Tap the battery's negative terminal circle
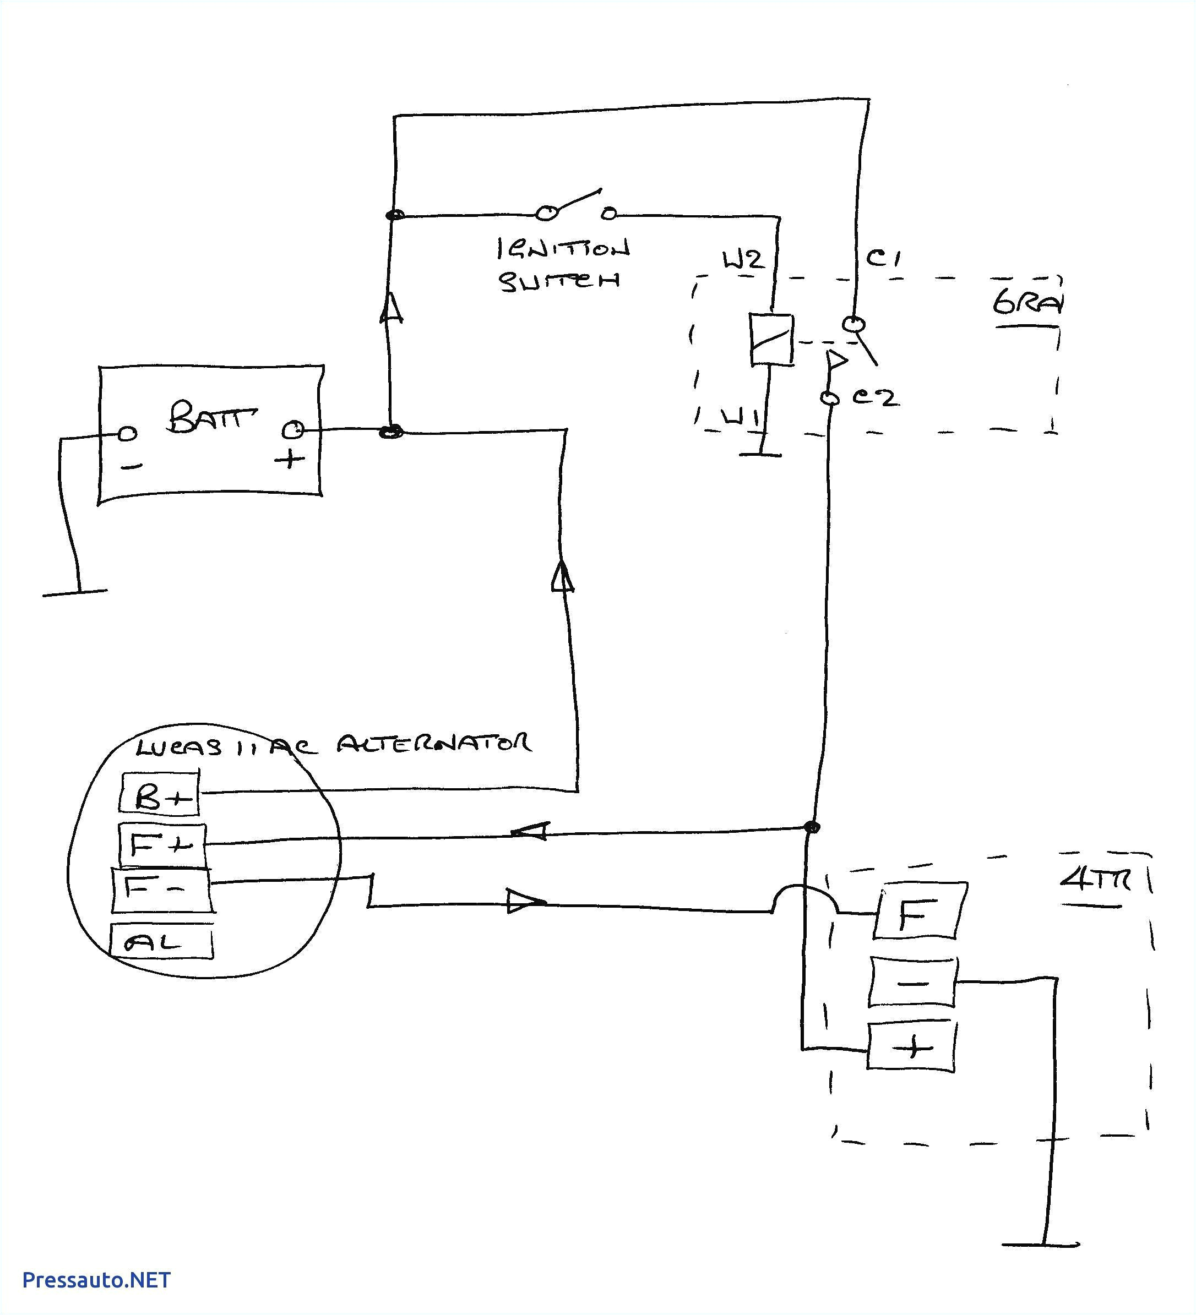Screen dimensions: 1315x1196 pyautogui.click(x=128, y=433)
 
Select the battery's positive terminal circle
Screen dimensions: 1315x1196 pyautogui.click(x=293, y=430)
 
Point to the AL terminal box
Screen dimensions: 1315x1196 pyautogui.click(x=161, y=942)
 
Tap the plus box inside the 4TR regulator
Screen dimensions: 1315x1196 pyautogui.click(x=913, y=1047)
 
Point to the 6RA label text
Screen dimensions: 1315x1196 pyautogui.click(x=1027, y=303)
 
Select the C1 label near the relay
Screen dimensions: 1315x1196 pyautogui.click(x=883, y=258)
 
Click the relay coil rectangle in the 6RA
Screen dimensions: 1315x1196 pyautogui.click(x=771, y=339)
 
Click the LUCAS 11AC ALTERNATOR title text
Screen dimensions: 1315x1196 pyautogui.click(x=333, y=745)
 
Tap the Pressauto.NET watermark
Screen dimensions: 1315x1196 pyautogui.click(x=96, y=1280)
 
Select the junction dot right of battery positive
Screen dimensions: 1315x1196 pyautogui.click(x=392, y=432)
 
